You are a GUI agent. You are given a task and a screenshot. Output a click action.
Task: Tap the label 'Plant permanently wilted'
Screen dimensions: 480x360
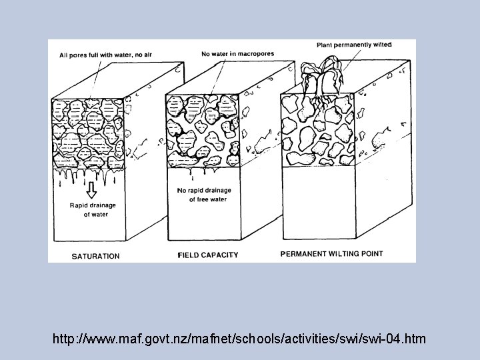(354, 45)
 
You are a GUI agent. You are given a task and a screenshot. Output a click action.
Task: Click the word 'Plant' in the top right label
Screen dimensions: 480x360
(326, 45)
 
